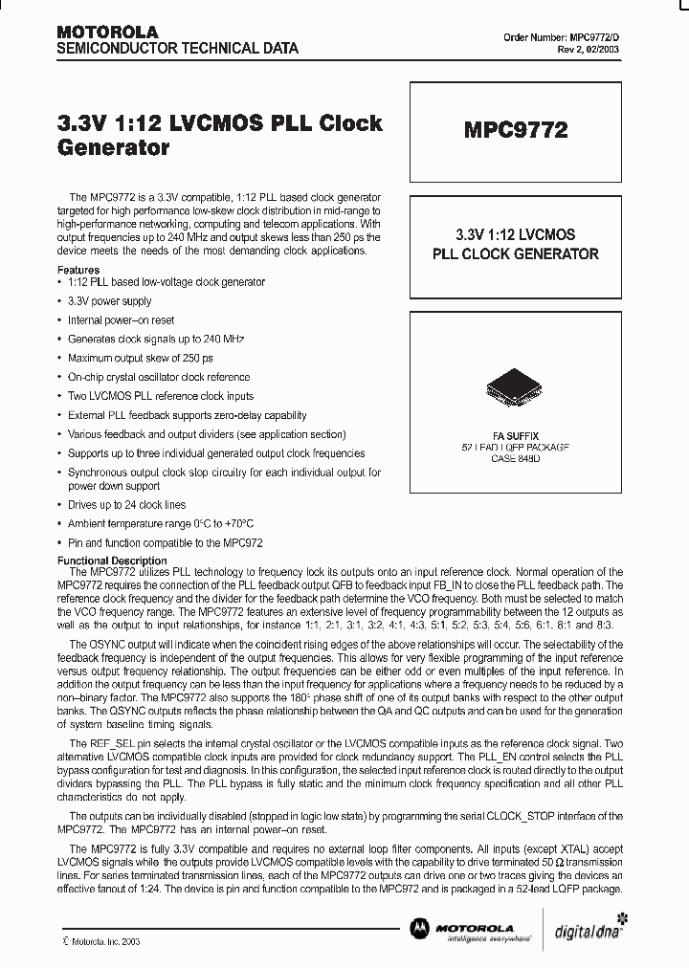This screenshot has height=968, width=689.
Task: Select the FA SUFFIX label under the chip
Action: (x=515, y=434)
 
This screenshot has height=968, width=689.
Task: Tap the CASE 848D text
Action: (x=515, y=459)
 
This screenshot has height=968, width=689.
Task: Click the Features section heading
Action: (x=78, y=271)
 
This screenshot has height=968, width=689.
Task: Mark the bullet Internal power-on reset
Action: (x=121, y=320)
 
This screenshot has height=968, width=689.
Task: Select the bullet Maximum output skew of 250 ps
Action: (x=139, y=358)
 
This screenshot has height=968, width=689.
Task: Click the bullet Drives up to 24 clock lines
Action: (x=126, y=504)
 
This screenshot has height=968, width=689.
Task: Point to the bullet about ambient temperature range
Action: (x=160, y=523)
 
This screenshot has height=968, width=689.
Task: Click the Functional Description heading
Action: (x=112, y=561)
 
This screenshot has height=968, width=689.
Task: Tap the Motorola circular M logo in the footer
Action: (x=419, y=928)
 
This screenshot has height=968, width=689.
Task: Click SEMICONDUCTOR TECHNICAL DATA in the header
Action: (x=178, y=48)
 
